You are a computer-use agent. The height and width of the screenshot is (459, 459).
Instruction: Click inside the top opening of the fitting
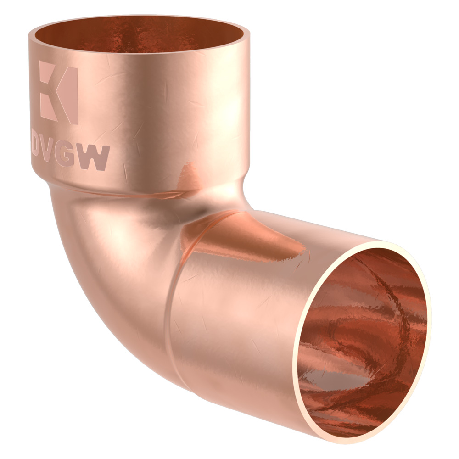point(138,37)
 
